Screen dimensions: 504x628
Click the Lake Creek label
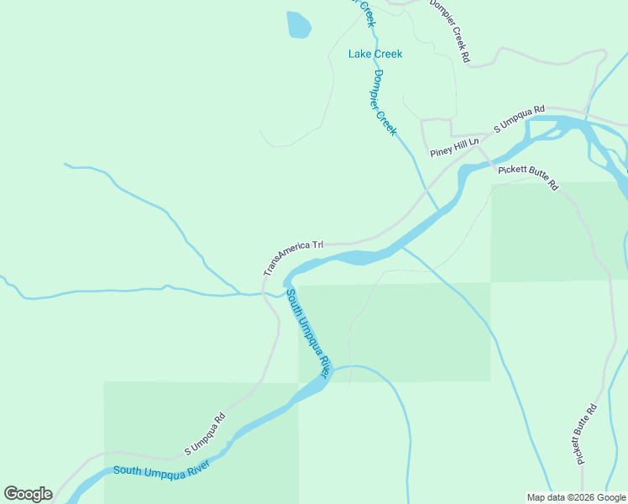tap(375, 54)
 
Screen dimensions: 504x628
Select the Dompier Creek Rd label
tap(451, 32)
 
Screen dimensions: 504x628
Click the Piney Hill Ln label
tap(453, 148)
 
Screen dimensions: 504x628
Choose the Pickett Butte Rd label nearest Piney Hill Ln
tap(528, 176)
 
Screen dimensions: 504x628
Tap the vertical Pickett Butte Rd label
tap(585, 433)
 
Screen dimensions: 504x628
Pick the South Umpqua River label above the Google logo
tap(161, 470)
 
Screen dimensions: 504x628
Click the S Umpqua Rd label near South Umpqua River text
tap(205, 434)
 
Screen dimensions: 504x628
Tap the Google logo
tap(28, 494)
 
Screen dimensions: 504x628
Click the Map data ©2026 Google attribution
tap(576, 497)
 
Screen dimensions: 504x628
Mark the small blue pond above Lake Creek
tap(298, 24)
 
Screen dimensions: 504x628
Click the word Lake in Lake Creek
tap(359, 54)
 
